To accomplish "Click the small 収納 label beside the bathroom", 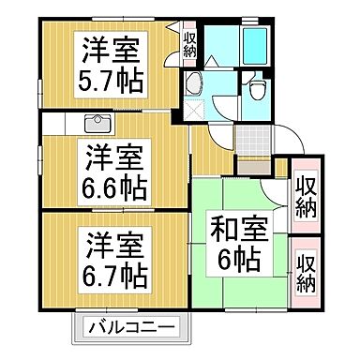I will click(189, 44).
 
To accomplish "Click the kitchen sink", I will click(97, 125).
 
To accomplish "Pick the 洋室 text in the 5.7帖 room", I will click(109, 47).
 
